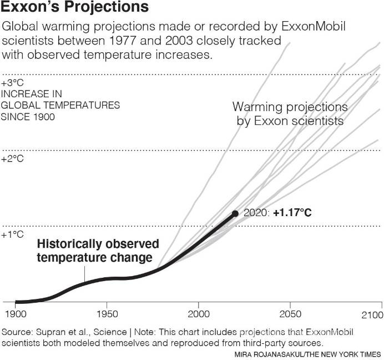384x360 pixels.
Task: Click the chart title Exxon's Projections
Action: [x=75, y=8]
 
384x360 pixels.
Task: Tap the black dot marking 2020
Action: [x=235, y=213]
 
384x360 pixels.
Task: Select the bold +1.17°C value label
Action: [x=292, y=213]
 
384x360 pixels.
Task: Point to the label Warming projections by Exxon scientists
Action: [x=290, y=113]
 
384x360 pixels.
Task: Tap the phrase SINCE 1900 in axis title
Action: [x=28, y=117]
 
